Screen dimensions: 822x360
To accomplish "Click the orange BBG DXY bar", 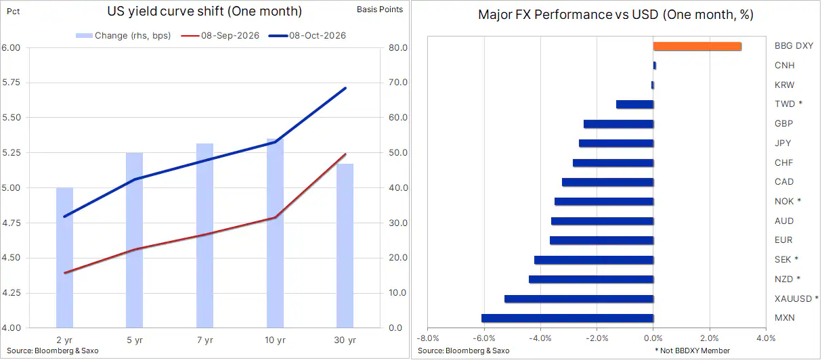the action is [697, 46].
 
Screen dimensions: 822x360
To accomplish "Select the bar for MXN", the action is [567, 318].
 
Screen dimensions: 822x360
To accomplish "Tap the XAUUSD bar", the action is [579, 299].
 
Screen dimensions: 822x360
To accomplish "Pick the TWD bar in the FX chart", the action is [635, 104].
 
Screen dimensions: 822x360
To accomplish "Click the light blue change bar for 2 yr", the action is [64, 257].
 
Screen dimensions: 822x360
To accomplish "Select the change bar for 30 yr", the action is [345, 246].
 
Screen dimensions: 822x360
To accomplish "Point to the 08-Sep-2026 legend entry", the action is [220, 36].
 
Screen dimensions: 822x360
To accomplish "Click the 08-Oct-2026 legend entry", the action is [307, 36].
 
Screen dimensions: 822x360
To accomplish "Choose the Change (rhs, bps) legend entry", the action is [123, 36].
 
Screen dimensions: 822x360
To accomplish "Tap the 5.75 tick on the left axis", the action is [11, 83].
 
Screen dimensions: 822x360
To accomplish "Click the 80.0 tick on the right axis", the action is [398, 47].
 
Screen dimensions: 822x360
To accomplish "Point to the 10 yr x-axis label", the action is [275, 340].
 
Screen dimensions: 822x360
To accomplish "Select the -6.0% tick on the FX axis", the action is [484, 338].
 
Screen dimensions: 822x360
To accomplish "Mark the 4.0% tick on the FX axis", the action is [766, 338].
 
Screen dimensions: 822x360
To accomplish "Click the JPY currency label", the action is [783, 143].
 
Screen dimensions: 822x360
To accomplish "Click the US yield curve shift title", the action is [204, 12].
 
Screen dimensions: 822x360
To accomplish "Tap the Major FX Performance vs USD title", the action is [615, 15].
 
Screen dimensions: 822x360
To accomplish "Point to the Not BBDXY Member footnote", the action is [693, 351].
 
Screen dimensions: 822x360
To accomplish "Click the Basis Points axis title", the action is [380, 9].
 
